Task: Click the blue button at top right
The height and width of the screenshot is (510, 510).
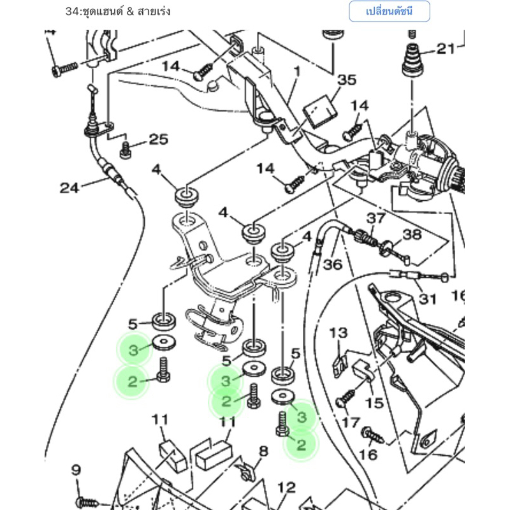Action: click(x=390, y=11)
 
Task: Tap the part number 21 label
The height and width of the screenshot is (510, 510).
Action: click(x=446, y=49)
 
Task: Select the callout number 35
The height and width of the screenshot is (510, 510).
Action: click(x=347, y=80)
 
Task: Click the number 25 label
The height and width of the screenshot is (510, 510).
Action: click(x=159, y=139)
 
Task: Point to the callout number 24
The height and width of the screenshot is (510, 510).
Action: click(x=69, y=187)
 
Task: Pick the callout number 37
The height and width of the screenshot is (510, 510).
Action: click(x=376, y=218)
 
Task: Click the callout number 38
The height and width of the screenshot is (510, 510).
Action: click(x=412, y=235)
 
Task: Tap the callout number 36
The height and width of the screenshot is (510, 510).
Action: click(x=333, y=265)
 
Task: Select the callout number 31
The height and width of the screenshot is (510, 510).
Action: click(x=427, y=299)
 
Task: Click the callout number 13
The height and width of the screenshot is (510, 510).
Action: click(x=339, y=333)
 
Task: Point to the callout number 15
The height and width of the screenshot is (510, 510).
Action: click(x=374, y=403)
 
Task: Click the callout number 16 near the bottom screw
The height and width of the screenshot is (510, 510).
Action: click(x=368, y=455)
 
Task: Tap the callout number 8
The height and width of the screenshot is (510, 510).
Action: click(x=263, y=451)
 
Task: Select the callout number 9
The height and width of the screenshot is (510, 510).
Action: click(x=76, y=470)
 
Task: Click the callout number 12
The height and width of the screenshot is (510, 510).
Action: click(x=286, y=488)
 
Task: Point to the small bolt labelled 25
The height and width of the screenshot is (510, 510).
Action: click(x=125, y=150)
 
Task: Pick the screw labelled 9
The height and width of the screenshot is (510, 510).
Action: click(x=88, y=502)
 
